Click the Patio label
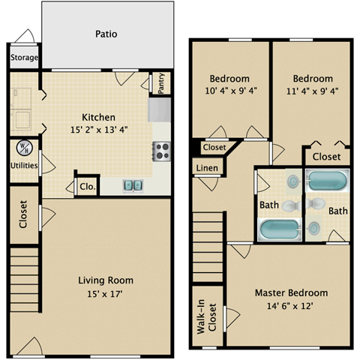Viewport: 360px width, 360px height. [106, 34]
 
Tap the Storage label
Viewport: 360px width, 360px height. [25, 58]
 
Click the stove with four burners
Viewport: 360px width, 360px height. [161, 151]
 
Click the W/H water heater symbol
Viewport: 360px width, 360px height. [22, 147]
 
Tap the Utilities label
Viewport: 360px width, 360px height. [24, 165]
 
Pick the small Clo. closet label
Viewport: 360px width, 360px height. [86, 187]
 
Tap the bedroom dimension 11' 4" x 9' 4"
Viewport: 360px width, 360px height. [313, 91]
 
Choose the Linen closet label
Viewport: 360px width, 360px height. [208, 168]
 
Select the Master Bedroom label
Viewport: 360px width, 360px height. [290, 292]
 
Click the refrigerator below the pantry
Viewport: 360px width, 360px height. [160, 110]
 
